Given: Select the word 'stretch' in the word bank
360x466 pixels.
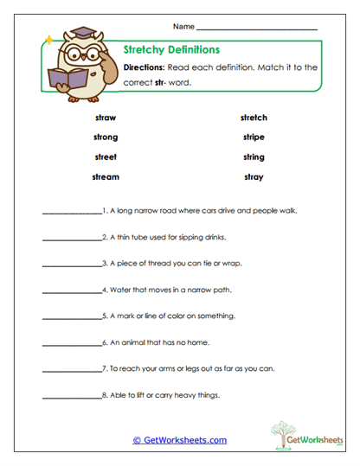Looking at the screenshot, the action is (x=254, y=118).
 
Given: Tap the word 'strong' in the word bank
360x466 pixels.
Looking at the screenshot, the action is (x=106, y=137).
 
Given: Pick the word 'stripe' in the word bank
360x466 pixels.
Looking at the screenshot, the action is (x=254, y=137).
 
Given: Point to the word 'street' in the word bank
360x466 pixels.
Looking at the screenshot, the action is (x=106, y=157).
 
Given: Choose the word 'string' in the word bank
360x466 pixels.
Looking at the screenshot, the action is (x=254, y=157).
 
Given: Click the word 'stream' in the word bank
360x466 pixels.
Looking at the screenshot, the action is (x=106, y=177).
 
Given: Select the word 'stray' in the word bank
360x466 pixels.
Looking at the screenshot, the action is (x=254, y=177).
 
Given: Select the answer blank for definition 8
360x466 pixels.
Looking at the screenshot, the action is (x=71, y=397).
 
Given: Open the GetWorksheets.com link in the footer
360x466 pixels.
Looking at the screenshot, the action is (x=179, y=440).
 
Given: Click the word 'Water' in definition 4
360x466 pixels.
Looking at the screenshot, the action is (x=119, y=290).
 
